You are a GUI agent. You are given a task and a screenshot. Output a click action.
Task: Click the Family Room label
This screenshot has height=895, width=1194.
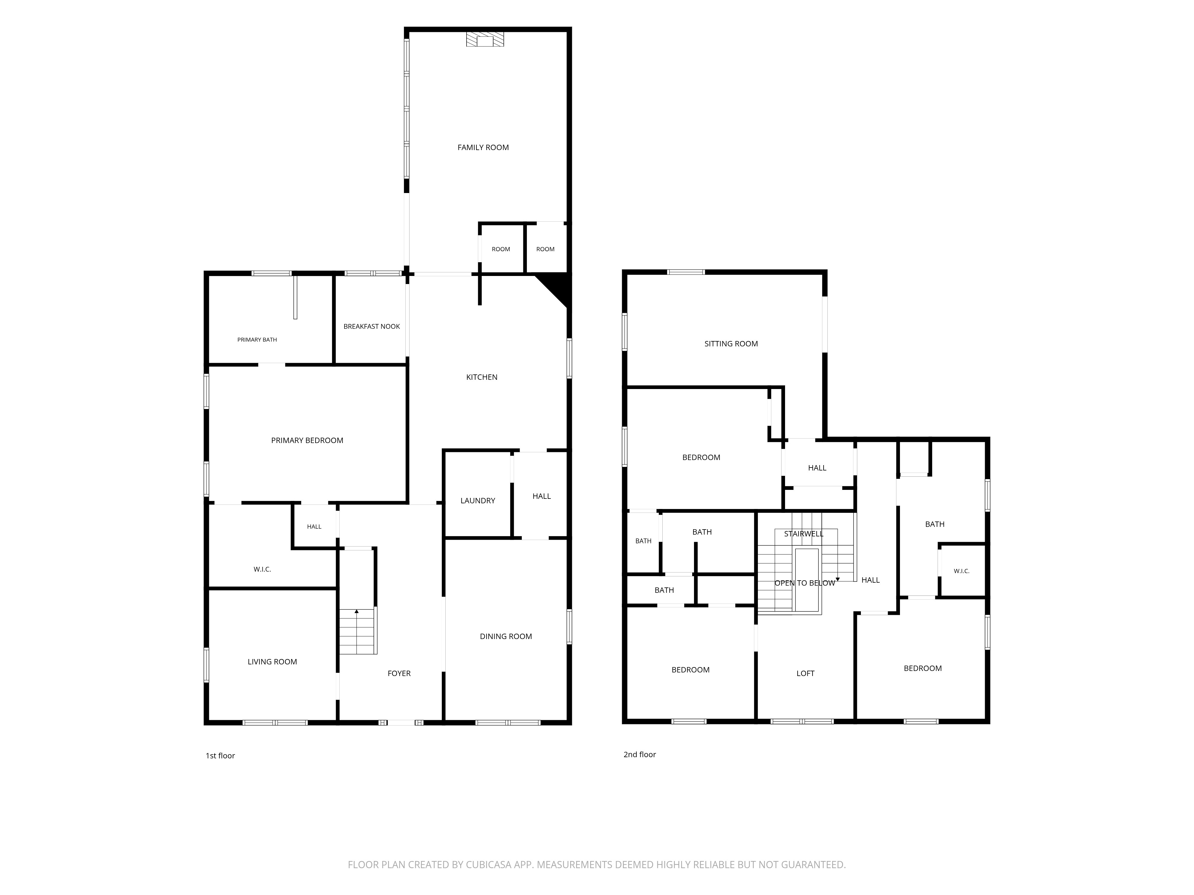point(483,147)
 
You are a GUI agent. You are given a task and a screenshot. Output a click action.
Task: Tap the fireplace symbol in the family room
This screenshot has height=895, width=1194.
point(485,39)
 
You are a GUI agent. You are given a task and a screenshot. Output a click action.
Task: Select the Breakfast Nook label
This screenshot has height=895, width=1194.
point(372,326)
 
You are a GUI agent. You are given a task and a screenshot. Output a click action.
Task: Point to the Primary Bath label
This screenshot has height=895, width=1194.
point(257,340)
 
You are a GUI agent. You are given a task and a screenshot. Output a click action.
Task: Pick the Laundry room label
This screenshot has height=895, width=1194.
point(478,501)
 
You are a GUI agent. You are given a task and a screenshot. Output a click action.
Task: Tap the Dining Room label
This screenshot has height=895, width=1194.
point(506,637)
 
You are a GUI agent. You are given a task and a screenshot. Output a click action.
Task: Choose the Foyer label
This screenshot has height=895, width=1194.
point(399,673)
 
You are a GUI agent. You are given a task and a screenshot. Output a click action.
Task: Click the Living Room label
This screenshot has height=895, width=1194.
point(272,662)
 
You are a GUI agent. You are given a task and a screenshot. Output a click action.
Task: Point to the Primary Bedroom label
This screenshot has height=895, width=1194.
point(307,440)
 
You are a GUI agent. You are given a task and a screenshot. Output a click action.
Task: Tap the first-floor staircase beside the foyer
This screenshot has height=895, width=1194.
point(357,631)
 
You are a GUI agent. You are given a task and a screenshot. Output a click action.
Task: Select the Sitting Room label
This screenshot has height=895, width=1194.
point(731,344)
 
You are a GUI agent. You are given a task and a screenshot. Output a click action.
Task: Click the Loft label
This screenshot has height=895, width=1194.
point(805,673)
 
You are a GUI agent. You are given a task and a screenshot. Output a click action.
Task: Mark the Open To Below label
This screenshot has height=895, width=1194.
point(805,583)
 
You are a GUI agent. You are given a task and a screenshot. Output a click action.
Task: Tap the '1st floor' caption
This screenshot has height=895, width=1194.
point(220,756)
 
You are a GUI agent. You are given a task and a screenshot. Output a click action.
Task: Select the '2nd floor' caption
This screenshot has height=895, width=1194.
point(640,755)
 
